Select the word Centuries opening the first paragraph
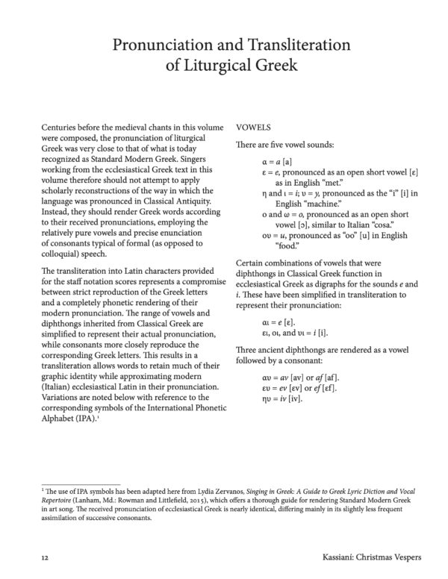pyautogui.click(x=64, y=128)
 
